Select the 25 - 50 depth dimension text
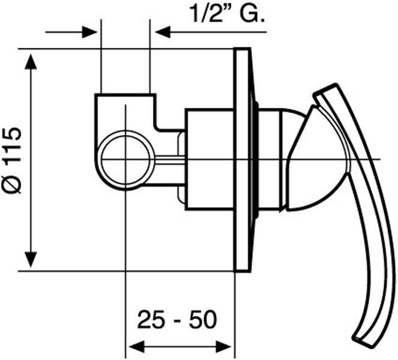(x=177, y=319)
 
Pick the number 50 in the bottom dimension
(x=204, y=319)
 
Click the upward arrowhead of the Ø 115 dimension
(x=31, y=61)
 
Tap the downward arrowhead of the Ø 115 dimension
(x=31, y=259)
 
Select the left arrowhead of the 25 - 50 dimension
(x=136, y=347)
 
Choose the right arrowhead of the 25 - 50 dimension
(x=223, y=347)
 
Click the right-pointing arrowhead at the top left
(x=89, y=32)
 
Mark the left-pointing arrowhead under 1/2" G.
(x=163, y=32)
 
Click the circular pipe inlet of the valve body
(x=125, y=160)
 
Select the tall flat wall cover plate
(x=242, y=160)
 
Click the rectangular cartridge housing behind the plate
(x=210, y=160)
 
